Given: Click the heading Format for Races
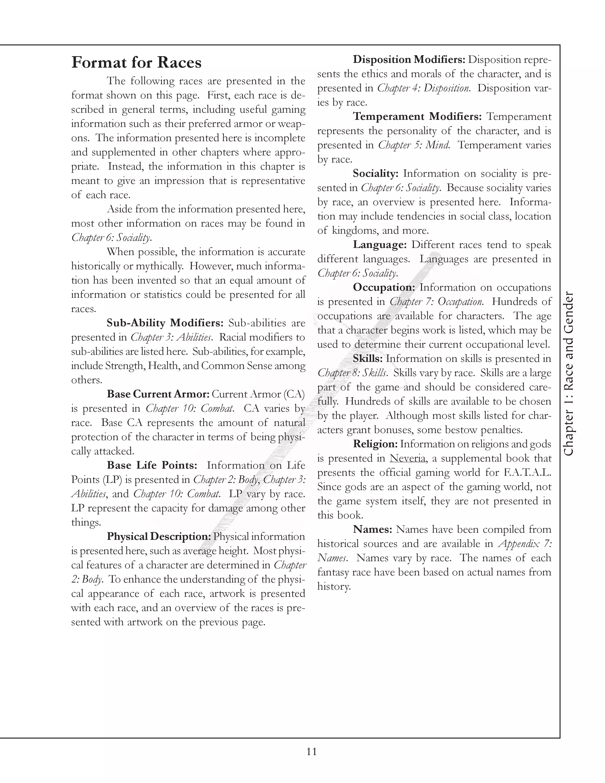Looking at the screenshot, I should [136, 63].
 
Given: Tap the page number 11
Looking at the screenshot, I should [311, 751].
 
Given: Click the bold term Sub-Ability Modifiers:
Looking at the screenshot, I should [165, 323].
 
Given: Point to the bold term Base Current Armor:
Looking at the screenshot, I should [158, 394].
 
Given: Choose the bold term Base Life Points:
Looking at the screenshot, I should [152, 465].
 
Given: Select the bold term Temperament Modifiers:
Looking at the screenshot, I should [417, 116].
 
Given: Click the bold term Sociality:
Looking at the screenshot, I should [375, 173].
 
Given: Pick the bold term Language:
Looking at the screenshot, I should [380, 245].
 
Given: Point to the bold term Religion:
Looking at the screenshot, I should [375, 444].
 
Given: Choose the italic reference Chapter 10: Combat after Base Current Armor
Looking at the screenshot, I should [190, 408].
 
